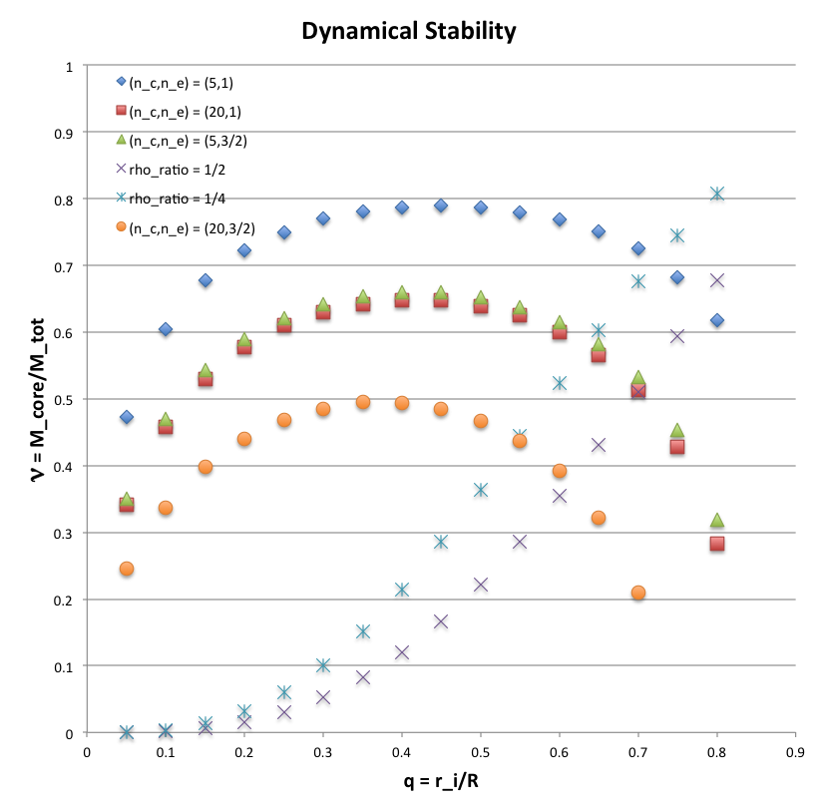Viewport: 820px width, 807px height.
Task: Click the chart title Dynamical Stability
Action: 409,32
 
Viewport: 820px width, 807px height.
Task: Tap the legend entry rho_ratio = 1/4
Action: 171,199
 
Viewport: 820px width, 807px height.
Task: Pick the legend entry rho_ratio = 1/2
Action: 171,170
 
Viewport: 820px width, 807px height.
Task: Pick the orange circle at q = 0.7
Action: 638,593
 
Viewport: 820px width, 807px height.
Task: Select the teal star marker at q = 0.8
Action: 716,194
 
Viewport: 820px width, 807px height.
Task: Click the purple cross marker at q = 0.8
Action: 716,280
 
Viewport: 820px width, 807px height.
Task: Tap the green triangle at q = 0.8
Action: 716,520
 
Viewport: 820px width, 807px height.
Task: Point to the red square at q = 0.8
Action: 716,544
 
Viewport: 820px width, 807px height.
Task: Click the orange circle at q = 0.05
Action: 127,569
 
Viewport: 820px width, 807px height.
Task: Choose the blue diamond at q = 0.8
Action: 716,320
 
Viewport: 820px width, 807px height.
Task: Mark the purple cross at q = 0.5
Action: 481,585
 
